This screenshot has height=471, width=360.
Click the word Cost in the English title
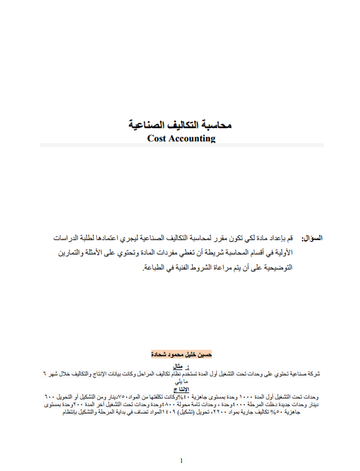[x=157, y=139]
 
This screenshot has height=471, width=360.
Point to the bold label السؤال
[x=312, y=238]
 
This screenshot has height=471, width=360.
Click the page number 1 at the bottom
[x=181, y=461]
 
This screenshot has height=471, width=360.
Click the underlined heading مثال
[x=178, y=367]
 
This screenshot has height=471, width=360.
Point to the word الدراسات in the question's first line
[x=66, y=238]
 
